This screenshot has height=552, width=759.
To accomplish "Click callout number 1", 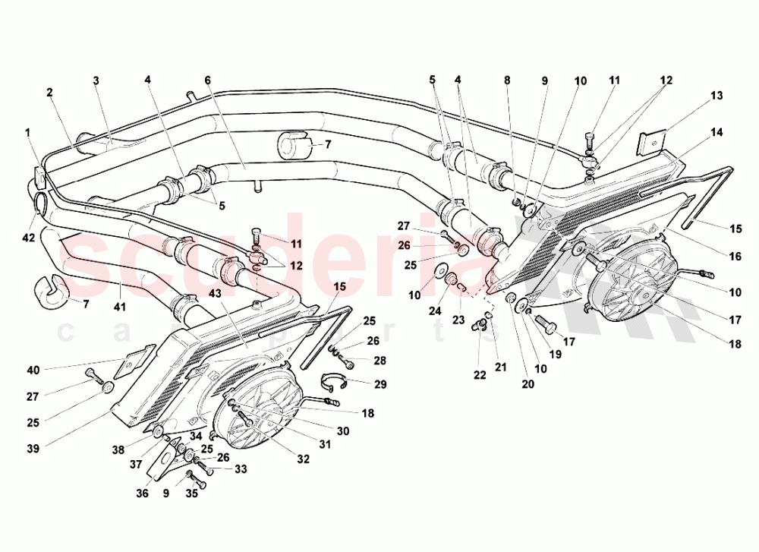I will [27, 132].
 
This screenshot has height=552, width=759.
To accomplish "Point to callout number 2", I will [49, 93].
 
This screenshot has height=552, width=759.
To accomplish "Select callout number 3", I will [96, 80].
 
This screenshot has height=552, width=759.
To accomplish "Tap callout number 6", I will [206, 80].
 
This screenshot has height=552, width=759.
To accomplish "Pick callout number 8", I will [507, 80].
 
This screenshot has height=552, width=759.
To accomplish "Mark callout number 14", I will [717, 133].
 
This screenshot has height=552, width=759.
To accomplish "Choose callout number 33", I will [241, 468].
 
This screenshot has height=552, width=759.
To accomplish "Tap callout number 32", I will [303, 459].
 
